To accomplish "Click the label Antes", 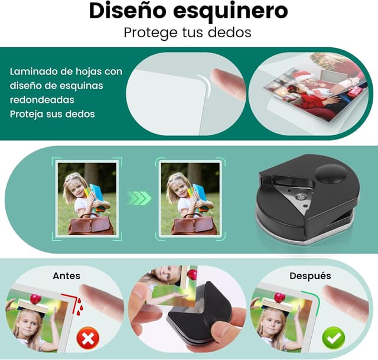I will pos(66,275).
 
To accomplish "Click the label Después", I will pos(310,275).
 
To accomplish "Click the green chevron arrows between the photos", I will pos(139,198).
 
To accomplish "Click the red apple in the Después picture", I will pos(279,297).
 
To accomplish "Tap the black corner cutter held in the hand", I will pos(195,313).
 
